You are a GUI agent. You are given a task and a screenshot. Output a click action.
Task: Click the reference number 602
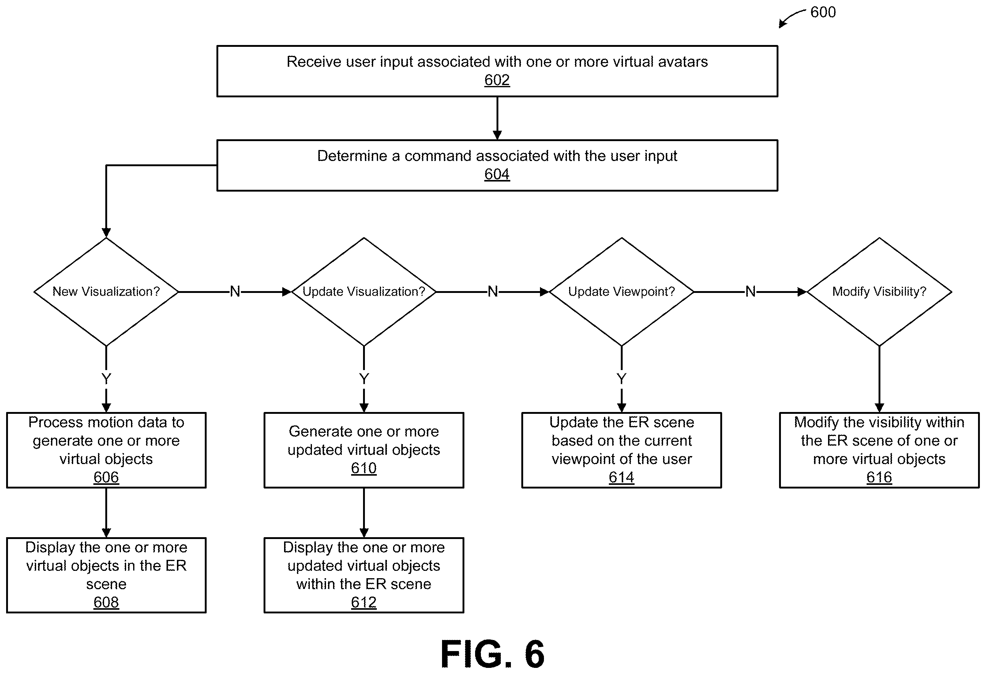click(497, 80)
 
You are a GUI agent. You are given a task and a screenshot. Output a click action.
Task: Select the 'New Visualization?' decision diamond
click(106, 292)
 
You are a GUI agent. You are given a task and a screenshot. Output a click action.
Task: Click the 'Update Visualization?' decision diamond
click(364, 292)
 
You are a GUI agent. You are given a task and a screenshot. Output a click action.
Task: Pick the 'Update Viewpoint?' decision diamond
click(621, 292)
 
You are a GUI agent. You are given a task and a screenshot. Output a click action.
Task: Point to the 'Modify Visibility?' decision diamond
click(879, 292)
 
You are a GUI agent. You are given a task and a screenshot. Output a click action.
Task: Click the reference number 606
click(106, 477)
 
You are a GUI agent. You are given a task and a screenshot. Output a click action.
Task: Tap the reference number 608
click(106, 602)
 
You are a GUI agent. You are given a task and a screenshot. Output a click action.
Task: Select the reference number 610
click(364, 468)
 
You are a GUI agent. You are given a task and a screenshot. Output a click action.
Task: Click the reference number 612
click(364, 602)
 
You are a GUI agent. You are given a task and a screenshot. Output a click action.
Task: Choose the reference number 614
click(621, 477)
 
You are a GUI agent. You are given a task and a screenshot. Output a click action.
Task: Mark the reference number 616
click(879, 477)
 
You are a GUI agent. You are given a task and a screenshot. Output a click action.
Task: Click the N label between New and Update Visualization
click(235, 291)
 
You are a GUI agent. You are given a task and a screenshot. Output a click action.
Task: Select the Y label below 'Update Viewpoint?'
click(621, 378)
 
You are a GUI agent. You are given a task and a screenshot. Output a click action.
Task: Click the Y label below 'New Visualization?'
click(106, 378)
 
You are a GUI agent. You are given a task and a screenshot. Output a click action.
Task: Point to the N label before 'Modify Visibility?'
click(751, 291)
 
